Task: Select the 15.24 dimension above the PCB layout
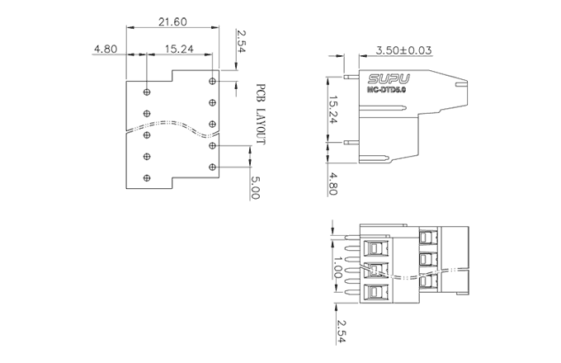179,49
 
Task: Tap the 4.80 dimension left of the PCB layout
105,49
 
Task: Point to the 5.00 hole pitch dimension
255,186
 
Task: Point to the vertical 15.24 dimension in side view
332,111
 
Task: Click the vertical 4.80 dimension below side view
332,182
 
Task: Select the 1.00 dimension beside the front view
337,267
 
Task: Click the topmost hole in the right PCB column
213,81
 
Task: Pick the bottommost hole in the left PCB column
147,177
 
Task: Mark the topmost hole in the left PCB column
147,91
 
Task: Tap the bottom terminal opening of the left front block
378,291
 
